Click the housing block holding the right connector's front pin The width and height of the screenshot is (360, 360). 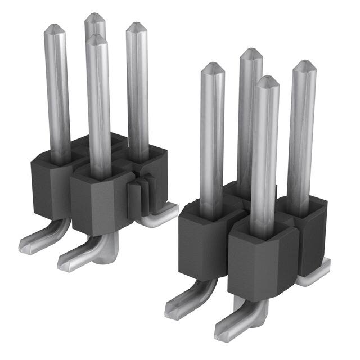pyautogui.click(x=262, y=262)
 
